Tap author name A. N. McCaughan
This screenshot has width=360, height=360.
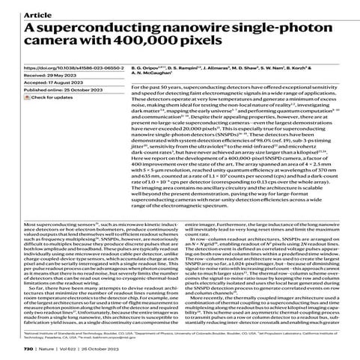(167, 98)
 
